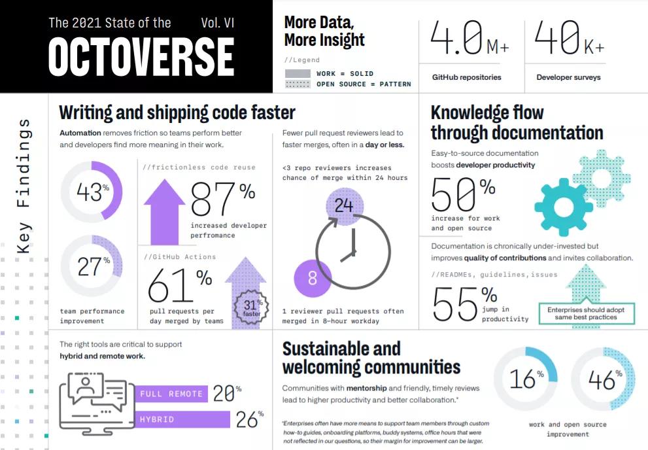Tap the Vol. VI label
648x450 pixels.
click(218, 23)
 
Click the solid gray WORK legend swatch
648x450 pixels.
click(298, 73)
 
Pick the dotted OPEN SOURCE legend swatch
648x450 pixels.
click(298, 84)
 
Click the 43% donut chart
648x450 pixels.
click(92, 192)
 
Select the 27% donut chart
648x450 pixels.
click(92, 266)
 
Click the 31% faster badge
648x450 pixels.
click(251, 307)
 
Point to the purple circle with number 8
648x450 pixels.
click(312, 278)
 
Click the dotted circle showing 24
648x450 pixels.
click(344, 206)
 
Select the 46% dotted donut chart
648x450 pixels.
click(603, 379)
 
